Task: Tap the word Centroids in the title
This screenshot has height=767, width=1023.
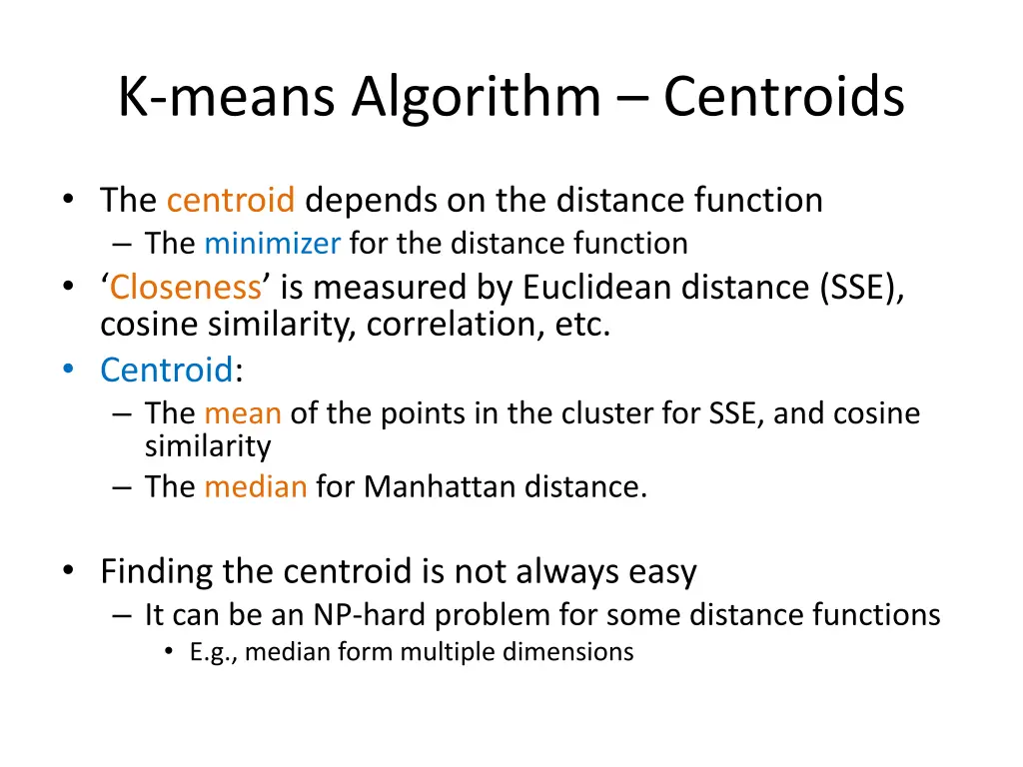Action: click(x=784, y=98)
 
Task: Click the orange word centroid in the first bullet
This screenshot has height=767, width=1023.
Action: click(x=231, y=201)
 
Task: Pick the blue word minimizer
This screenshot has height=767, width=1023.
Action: click(x=273, y=244)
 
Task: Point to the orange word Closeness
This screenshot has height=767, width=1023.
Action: click(x=186, y=288)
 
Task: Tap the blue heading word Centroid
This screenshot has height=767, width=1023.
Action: click(x=166, y=371)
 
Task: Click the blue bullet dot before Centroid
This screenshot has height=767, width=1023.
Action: click(x=67, y=371)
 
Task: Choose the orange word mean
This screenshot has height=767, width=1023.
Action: click(x=243, y=413)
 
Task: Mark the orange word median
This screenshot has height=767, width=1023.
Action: click(x=256, y=487)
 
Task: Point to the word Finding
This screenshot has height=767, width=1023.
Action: click(x=156, y=572)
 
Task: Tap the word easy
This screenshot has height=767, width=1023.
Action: click(x=662, y=572)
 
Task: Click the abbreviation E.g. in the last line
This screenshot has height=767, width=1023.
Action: click(x=213, y=653)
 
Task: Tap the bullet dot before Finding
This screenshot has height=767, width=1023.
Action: click(x=67, y=570)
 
